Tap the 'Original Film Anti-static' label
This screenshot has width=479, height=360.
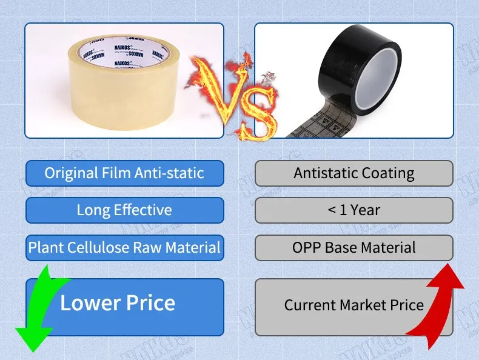(x=124, y=173)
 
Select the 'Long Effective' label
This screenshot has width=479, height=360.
(x=124, y=210)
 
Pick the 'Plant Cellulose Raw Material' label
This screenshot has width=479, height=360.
(x=124, y=247)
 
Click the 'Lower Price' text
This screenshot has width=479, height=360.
(x=118, y=302)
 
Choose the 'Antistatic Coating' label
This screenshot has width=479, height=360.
(x=354, y=173)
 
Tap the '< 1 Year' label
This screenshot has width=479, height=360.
(x=354, y=210)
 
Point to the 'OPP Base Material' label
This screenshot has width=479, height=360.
(x=354, y=247)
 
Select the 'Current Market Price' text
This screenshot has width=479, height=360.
(x=354, y=305)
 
